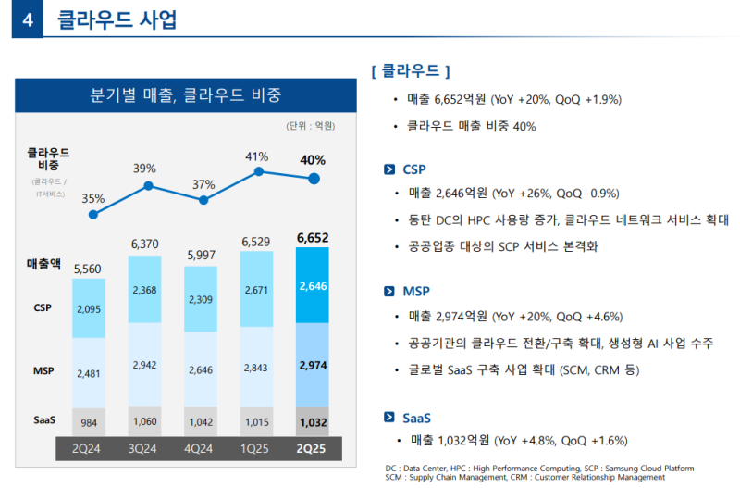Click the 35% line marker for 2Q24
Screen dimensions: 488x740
pos(93,215)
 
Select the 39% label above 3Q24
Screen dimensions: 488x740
pos(144,169)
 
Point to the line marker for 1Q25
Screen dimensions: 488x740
pos(260,171)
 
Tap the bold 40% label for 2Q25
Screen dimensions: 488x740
pos(313,159)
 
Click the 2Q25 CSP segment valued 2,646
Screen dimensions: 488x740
pos(313,286)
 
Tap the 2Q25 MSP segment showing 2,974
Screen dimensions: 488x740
pos(313,366)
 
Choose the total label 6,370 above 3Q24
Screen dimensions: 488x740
pos(145,244)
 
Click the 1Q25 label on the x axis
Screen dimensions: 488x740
pos(257,449)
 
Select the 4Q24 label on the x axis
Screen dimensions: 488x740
pos(201,449)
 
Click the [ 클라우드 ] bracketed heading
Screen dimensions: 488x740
pos(410,70)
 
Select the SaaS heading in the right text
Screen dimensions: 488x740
pos(417,418)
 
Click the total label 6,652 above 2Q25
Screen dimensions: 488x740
pos(313,239)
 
